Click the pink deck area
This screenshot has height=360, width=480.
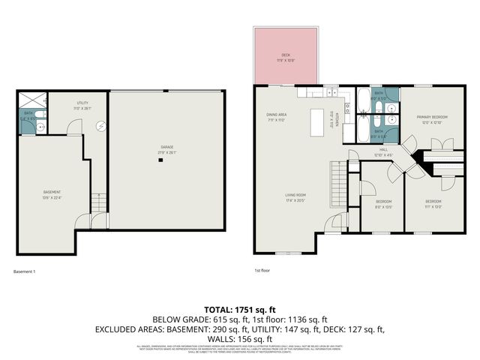tap(285, 56)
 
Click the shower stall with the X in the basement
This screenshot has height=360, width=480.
tap(31, 100)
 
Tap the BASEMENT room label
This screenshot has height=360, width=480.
tap(52, 193)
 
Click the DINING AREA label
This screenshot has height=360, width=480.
tap(277, 116)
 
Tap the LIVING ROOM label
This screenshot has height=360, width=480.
tap(295, 196)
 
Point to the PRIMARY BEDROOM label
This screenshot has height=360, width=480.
tap(432, 118)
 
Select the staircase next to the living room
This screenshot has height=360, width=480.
tap(340, 180)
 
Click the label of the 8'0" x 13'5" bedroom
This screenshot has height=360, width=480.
tap(382, 202)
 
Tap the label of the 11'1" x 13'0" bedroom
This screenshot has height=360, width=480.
tap(433, 202)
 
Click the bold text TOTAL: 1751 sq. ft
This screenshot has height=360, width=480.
tap(240, 309)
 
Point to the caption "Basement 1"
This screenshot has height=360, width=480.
tap(25, 271)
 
